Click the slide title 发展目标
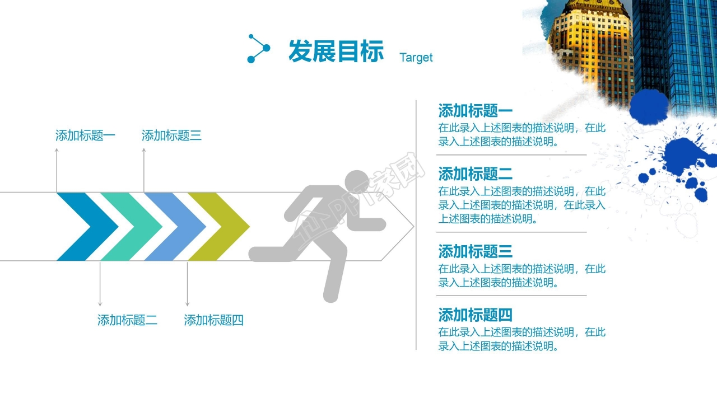(336, 51)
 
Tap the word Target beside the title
(416, 57)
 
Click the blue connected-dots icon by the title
(258, 49)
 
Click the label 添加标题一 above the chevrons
(85, 135)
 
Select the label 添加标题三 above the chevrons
(171, 135)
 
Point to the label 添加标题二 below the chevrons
(127, 320)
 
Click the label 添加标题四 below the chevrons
(214, 320)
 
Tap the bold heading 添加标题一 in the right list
(475, 110)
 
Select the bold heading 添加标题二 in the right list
(475, 174)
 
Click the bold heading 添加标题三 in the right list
(475, 251)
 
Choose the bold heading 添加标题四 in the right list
(475, 315)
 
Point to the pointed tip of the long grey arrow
(413, 227)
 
